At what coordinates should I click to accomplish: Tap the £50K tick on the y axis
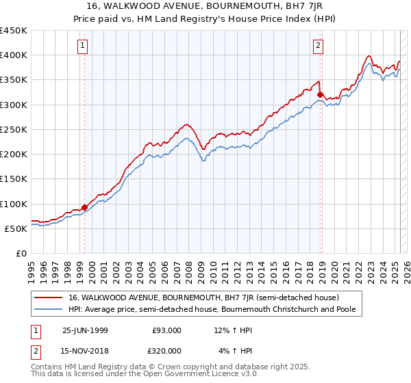click(16, 228)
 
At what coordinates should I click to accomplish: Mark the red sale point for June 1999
click(85, 207)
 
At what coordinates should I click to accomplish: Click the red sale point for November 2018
click(320, 94)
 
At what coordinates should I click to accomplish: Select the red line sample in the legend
click(47, 298)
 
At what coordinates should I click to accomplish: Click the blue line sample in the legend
click(47, 308)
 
